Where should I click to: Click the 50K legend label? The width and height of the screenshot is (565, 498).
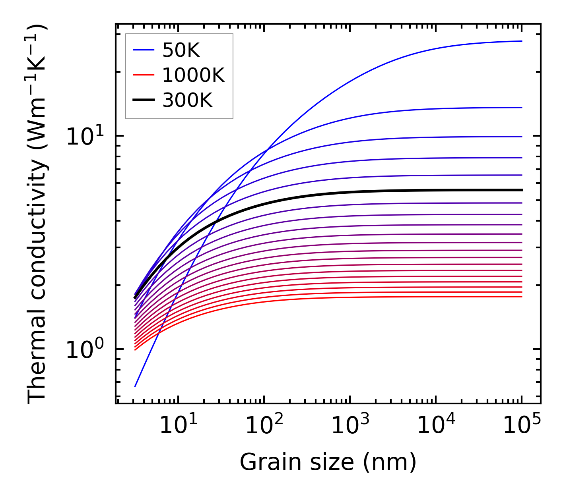(181, 50)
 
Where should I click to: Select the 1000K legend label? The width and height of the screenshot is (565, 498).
(193, 75)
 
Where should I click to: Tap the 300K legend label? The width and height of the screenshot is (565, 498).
(187, 100)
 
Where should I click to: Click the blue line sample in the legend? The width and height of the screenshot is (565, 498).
(143, 50)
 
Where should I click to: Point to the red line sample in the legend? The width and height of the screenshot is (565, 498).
(143, 75)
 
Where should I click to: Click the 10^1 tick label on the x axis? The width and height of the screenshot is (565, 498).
(178, 426)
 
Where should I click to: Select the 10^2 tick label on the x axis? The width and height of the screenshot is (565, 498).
(264, 426)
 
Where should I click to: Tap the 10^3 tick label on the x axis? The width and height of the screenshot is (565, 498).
(350, 426)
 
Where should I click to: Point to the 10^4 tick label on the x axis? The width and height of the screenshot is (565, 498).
(436, 426)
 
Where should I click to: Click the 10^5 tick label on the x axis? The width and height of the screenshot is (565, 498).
(522, 426)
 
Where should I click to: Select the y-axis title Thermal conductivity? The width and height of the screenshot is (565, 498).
(38, 214)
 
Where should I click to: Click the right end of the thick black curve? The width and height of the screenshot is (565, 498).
(521, 190)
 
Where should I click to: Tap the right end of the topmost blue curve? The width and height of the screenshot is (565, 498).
(521, 41)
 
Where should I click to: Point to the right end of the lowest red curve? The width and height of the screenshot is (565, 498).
(521, 297)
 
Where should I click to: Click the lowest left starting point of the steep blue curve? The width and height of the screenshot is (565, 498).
(135, 386)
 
